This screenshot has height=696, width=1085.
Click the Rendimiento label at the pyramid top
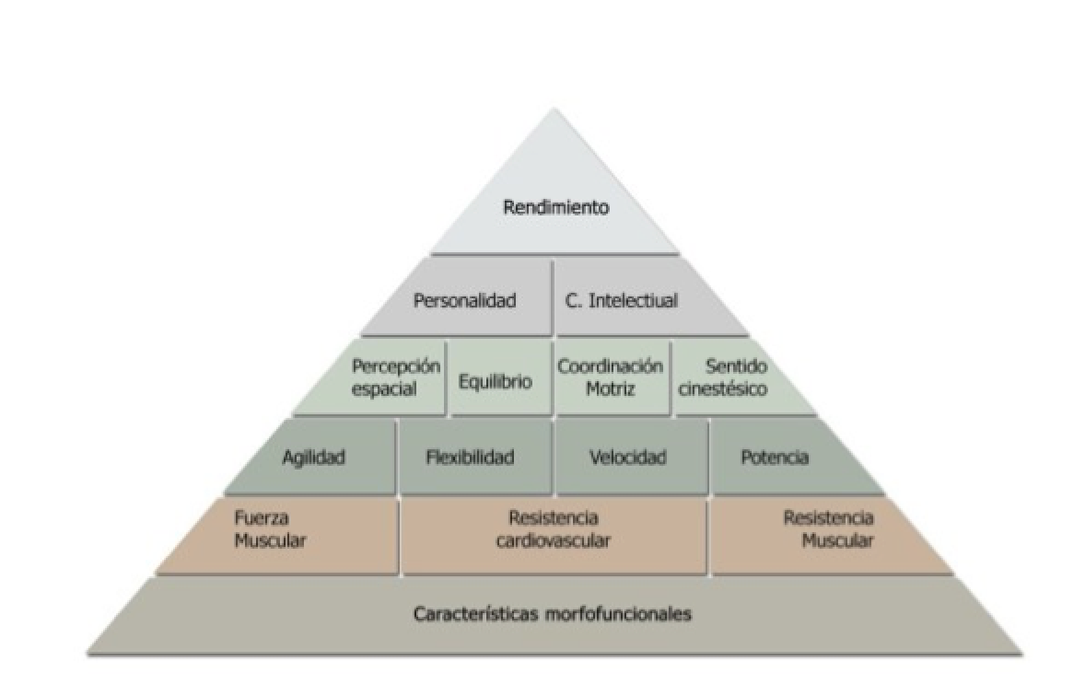click(555, 207)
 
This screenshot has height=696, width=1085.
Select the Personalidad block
click(464, 300)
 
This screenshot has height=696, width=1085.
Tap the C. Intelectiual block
click(621, 300)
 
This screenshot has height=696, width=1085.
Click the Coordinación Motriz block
click(610, 377)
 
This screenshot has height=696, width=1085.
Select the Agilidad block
click(313, 458)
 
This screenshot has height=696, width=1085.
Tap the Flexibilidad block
click(470, 458)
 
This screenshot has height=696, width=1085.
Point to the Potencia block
click(774, 458)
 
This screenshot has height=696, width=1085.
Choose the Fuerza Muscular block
click(269, 529)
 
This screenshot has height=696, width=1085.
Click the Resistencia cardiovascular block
click(553, 529)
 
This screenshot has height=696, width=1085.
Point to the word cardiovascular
click(553, 541)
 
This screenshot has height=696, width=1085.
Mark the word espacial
click(384, 389)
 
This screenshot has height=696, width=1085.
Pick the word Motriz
click(610, 389)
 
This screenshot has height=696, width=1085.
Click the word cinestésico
click(724, 389)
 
